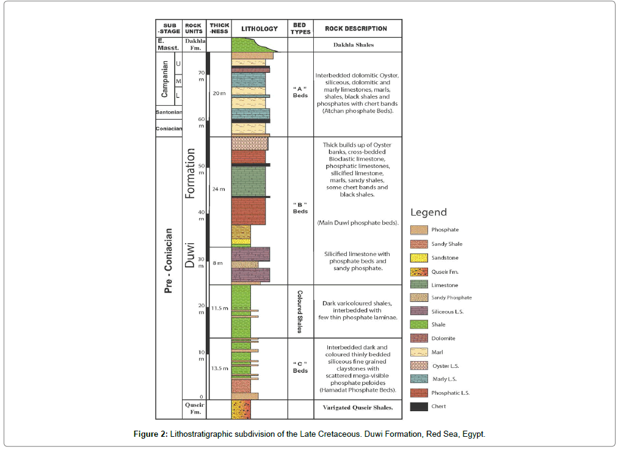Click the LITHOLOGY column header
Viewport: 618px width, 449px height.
pos(260,29)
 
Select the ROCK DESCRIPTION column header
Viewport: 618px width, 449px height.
pos(356,29)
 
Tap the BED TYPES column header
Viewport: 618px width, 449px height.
pos(300,29)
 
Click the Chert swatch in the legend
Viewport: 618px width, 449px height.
pos(419,406)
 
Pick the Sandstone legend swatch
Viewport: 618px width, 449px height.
pos(419,258)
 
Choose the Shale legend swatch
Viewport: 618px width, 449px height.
pos(419,325)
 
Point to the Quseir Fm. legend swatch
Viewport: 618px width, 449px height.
pos(419,271)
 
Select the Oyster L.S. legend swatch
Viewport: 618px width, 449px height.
pos(419,366)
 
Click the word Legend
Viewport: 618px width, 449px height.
pos(429,213)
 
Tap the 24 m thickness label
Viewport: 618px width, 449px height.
pos(219,189)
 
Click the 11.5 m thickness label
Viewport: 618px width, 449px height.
pos(219,308)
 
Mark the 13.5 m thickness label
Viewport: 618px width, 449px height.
pos(219,368)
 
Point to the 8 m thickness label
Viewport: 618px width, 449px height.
pos(219,263)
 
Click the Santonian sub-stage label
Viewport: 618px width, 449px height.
pos(170,113)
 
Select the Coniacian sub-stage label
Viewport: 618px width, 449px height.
pos(170,128)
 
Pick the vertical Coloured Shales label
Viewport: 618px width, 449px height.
pos(300,311)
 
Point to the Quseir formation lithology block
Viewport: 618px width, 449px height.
pos(241,409)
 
